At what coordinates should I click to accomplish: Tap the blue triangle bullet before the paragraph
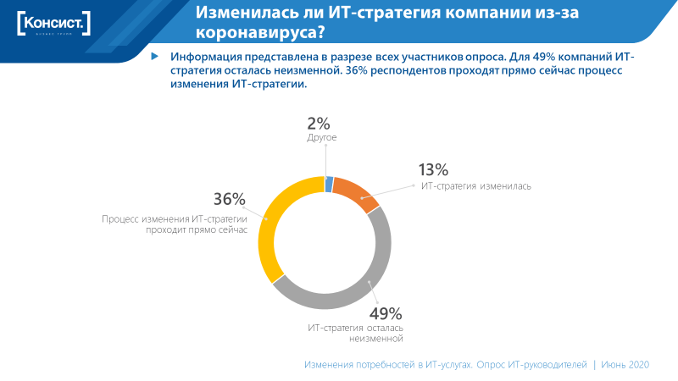[154, 56]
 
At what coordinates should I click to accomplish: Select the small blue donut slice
[329, 185]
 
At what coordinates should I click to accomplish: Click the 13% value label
[433, 169]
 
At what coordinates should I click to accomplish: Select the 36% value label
[229, 200]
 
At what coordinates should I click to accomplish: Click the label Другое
[322, 137]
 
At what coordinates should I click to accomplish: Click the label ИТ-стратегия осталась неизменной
[355, 333]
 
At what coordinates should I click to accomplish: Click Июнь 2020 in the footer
[625, 364]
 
